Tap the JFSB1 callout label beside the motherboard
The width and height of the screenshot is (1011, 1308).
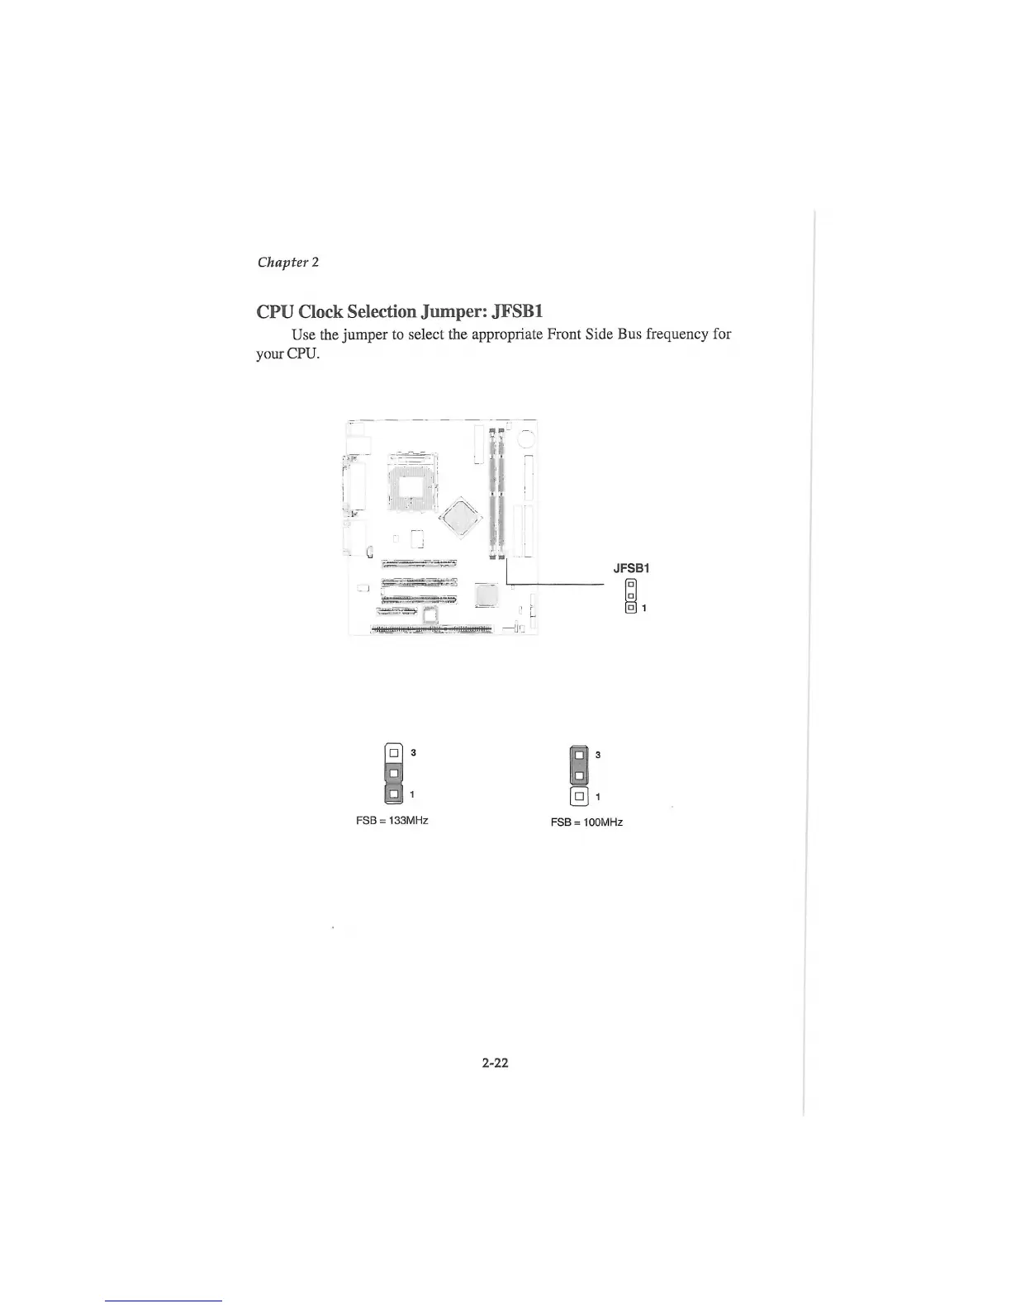click(x=632, y=568)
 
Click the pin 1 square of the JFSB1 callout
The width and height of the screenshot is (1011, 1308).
click(x=631, y=609)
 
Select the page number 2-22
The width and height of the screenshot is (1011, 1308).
click(x=496, y=1063)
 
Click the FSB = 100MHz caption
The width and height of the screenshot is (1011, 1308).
click(x=586, y=822)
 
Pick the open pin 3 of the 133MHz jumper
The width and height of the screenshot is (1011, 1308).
click(x=394, y=752)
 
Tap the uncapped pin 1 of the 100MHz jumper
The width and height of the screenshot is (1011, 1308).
click(x=580, y=797)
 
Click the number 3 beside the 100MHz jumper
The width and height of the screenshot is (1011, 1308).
click(x=598, y=755)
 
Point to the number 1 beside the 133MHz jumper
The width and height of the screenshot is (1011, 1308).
click(x=412, y=794)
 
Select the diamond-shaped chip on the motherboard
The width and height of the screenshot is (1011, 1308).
click(x=460, y=518)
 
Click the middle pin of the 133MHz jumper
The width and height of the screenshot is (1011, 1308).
click(x=394, y=773)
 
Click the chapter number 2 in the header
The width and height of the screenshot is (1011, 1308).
click(x=316, y=263)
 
